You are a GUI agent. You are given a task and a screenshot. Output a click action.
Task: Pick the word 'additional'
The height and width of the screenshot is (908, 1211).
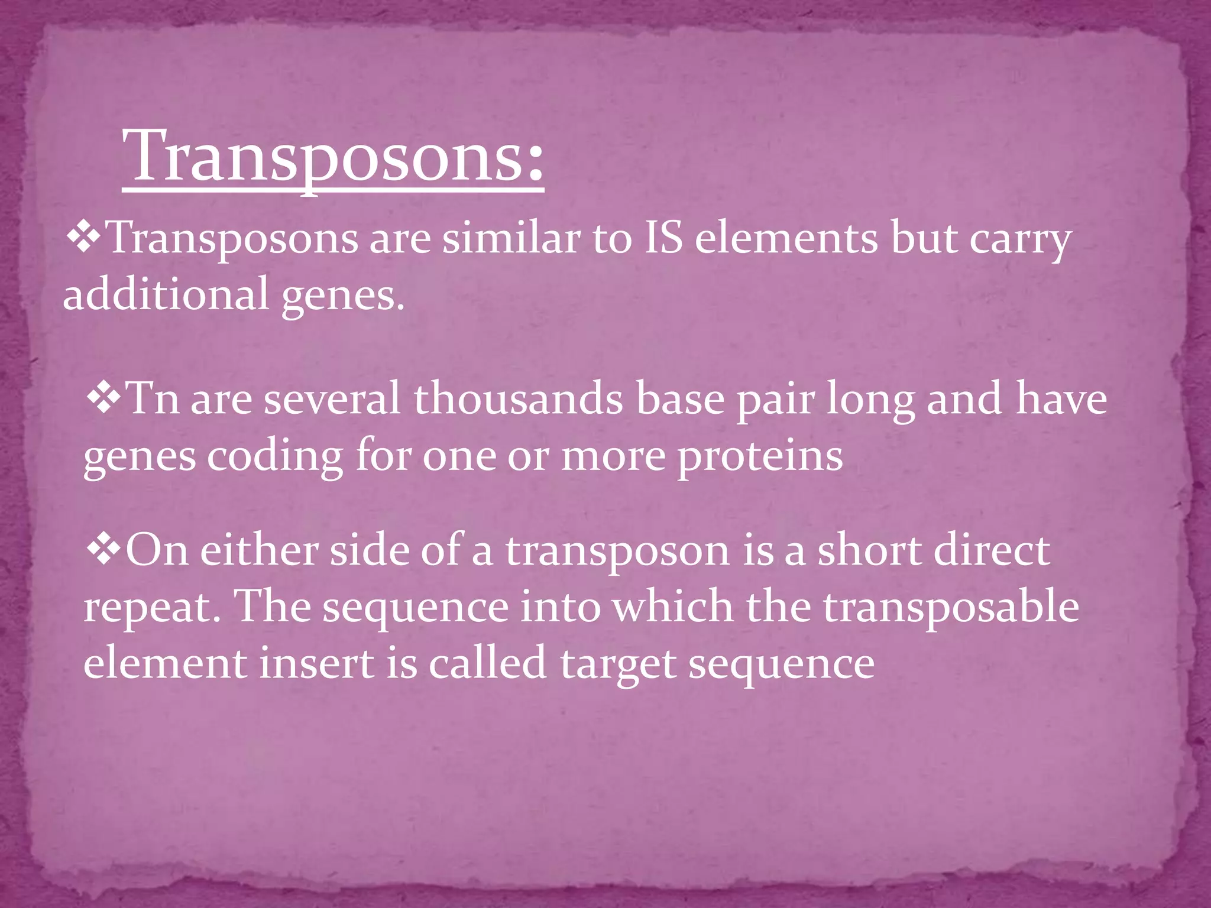point(166,294)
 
